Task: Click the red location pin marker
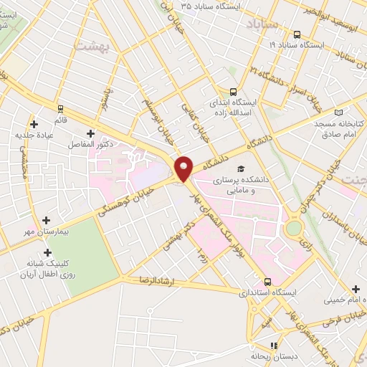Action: (184, 168)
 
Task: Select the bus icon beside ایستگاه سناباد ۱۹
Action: (297, 34)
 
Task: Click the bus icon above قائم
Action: (60, 109)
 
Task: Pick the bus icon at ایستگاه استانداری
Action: (267, 282)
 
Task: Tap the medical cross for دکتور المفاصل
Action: (90, 133)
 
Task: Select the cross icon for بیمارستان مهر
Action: (47, 220)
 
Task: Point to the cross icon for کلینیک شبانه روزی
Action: (47, 252)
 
